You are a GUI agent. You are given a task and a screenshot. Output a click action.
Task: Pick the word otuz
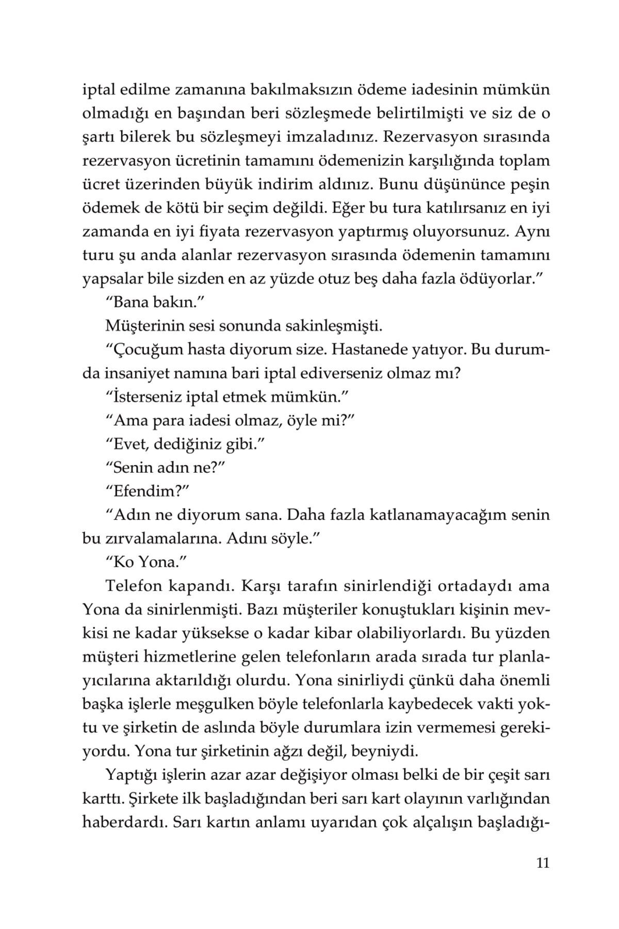[x=374, y=279]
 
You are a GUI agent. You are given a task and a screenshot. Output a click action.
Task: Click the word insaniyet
[x=138, y=374]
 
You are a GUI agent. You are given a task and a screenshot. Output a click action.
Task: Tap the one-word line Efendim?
[x=145, y=491]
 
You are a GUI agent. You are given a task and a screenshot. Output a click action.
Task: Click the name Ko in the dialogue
[x=124, y=562]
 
